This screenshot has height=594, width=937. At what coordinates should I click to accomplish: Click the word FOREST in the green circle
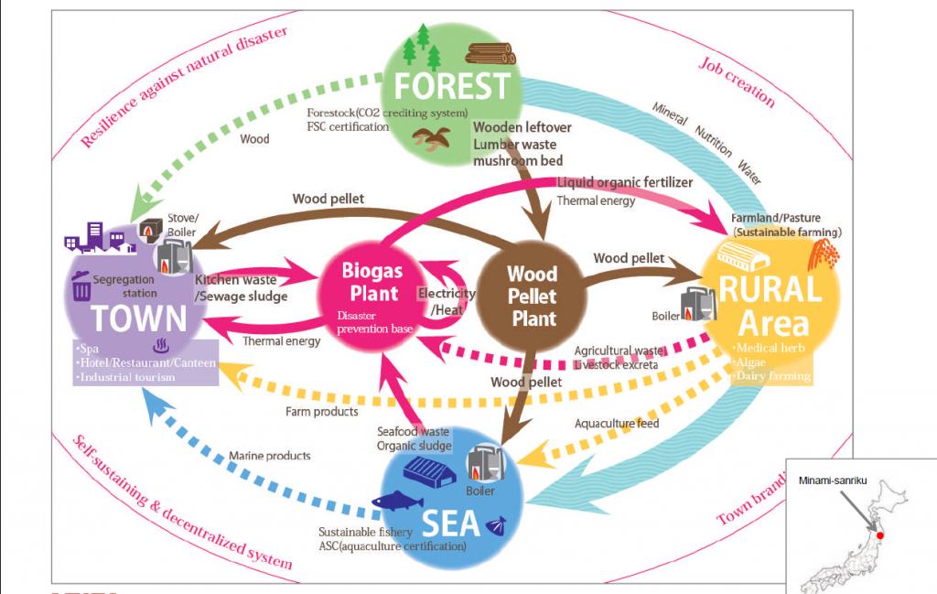[x=451, y=86]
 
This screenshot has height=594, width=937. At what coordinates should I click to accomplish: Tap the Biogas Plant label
[x=372, y=283]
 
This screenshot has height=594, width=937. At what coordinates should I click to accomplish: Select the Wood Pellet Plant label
[x=533, y=296]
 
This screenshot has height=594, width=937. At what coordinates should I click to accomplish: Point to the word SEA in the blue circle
[x=451, y=523]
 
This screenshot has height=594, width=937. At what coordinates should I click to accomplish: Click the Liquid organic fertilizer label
[x=625, y=183]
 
